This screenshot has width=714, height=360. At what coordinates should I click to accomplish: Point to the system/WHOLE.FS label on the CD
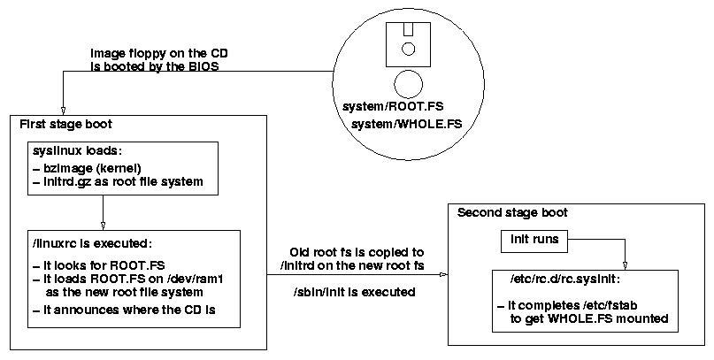tap(395, 124)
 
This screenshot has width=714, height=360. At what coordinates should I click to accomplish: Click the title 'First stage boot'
tap(66, 124)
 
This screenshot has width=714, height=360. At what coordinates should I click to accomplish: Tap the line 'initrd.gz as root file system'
tap(111, 182)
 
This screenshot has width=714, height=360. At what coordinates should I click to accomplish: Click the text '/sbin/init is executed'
tap(354, 292)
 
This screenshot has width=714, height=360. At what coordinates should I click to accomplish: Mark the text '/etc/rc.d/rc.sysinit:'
tap(559, 280)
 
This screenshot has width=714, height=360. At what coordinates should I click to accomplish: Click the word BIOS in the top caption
tap(199, 65)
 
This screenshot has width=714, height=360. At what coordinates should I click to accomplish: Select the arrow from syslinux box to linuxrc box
tap(103, 212)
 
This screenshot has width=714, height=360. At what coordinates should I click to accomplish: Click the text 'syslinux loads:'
tap(70, 152)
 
